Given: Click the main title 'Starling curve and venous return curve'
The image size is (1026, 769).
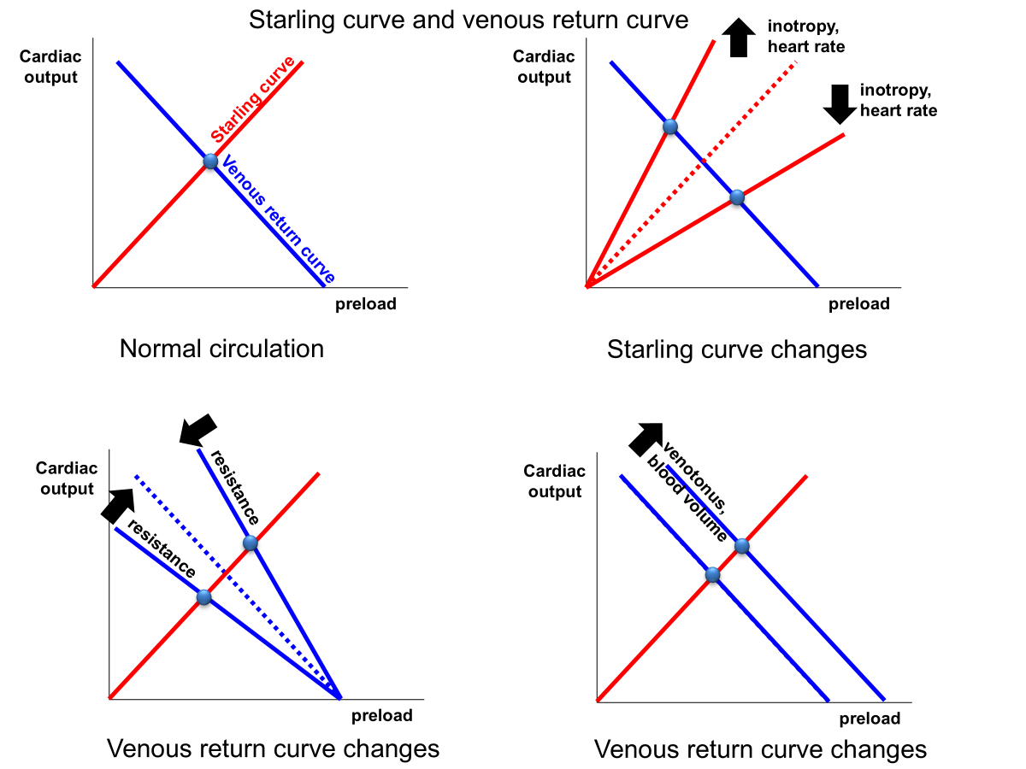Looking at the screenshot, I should tap(468, 20).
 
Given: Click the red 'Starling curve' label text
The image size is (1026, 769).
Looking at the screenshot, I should tap(253, 99).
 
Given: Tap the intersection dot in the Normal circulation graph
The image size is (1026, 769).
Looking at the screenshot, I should tap(211, 161).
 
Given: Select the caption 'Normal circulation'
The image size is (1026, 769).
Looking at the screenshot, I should tap(221, 349).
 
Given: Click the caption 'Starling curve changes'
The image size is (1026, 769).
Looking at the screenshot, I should tap(736, 349).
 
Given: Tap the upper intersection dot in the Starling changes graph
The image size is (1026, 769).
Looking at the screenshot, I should tap(670, 127).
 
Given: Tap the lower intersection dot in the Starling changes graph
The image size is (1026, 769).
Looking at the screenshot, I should tap(737, 197).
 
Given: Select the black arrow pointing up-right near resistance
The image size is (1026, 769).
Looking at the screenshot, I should tap(118, 503).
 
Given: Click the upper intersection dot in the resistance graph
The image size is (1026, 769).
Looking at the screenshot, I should tap(250, 543).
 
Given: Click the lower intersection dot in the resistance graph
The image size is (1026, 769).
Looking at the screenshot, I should tap(203, 597).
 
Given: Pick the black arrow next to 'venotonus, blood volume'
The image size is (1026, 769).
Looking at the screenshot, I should tap(646, 437).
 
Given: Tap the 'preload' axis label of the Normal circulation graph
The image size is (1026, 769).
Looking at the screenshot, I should tap(365, 304).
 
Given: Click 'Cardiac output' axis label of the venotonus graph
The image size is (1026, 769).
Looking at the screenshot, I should tap(555, 481).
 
